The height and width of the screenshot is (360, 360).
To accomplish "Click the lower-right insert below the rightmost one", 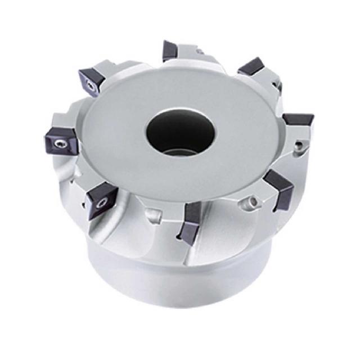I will tap(278, 188).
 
